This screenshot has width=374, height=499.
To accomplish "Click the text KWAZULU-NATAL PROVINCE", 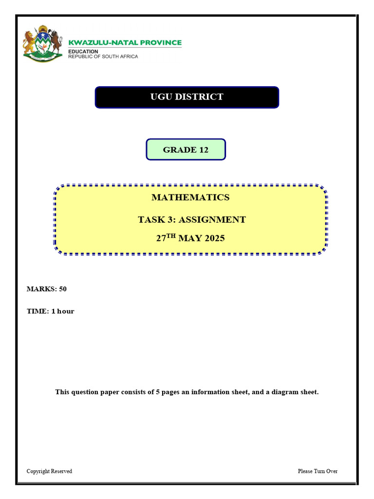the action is pyautogui.click(x=125, y=43).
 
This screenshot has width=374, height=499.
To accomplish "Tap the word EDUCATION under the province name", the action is pyautogui.click(x=83, y=51).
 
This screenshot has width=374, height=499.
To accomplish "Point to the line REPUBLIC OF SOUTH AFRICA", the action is pyautogui.click(x=103, y=57).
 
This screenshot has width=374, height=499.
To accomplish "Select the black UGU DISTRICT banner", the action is pyautogui.click(x=187, y=97).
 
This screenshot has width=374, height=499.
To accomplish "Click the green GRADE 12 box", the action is pyautogui.click(x=186, y=150).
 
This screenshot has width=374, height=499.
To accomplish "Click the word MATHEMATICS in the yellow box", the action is pyautogui.click(x=190, y=197).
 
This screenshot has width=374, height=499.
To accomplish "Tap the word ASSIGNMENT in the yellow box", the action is pyautogui.click(x=212, y=219).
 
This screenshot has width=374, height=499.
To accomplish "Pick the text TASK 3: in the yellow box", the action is pyautogui.click(x=156, y=219).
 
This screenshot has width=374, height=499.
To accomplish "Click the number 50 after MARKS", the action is pyautogui.click(x=63, y=289).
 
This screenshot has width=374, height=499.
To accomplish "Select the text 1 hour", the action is pyautogui.click(x=63, y=311).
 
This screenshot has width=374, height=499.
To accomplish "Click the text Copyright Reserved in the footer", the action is pyautogui.click(x=49, y=471).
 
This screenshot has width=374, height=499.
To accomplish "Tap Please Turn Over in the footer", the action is pyautogui.click(x=318, y=471).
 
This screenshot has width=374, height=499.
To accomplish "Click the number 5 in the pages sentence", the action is pyautogui.click(x=157, y=392).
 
